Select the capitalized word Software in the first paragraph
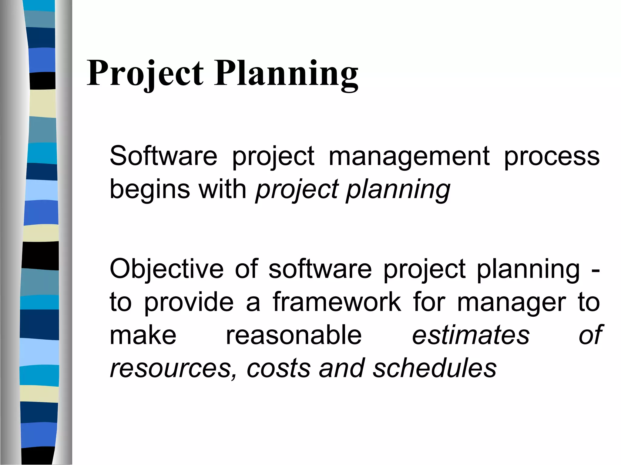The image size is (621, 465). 163,156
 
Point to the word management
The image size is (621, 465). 409,157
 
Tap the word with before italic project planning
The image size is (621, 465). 222,189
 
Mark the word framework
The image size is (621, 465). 337,302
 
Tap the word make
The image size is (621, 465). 143,335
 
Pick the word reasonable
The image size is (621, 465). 294,335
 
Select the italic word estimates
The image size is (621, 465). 471,335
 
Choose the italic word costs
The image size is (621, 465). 278,368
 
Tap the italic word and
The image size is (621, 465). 341,368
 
